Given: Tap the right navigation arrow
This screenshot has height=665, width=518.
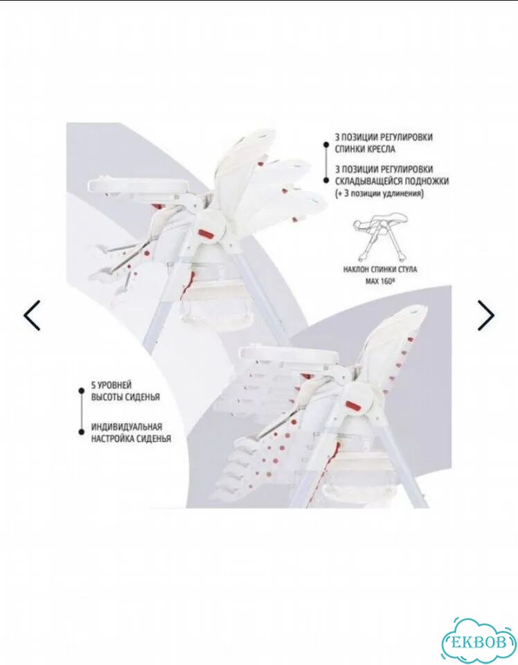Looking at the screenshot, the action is click(x=486, y=315).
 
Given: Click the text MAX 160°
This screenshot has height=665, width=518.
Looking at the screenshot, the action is click(x=377, y=281).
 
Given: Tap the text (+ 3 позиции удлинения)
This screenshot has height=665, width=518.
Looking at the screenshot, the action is click(x=379, y=193).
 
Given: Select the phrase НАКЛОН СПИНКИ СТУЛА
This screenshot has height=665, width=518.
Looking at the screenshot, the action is click(x=380, y=269).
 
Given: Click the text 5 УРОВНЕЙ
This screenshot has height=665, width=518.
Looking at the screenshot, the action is click(x=111, y=385).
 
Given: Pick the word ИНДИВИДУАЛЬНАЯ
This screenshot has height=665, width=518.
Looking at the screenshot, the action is click(x=127, y=427).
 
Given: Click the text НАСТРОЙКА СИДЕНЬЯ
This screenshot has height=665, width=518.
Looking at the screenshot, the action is click(x=132, y=438).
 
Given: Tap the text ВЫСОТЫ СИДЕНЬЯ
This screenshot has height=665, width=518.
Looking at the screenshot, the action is click(x=125, y=397).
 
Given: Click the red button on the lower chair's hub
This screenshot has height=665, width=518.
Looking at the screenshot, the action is click(x=355, y=405).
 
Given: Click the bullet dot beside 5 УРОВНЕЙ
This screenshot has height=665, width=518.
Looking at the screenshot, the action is click(x=81, y=391).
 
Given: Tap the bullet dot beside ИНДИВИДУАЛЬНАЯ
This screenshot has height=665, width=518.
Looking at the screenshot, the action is click(x=81, y=432).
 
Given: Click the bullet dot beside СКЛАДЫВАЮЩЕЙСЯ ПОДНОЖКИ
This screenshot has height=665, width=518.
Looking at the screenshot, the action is click(x=325, y=181).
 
